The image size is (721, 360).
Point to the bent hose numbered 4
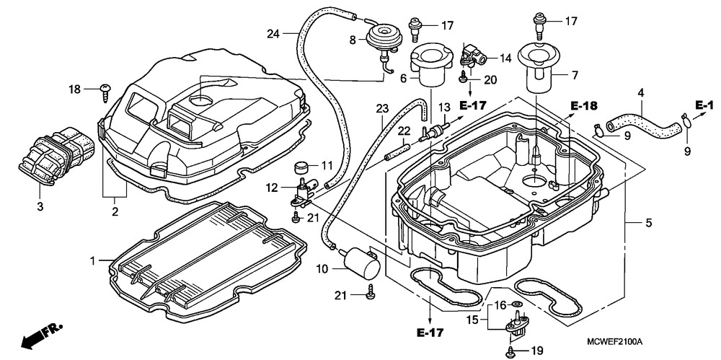(642, 121)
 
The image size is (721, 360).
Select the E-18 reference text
(585, 106)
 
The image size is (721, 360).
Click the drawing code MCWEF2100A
(614, 342)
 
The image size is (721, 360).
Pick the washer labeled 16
(518, 304)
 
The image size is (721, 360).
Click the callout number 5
(649, 223)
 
